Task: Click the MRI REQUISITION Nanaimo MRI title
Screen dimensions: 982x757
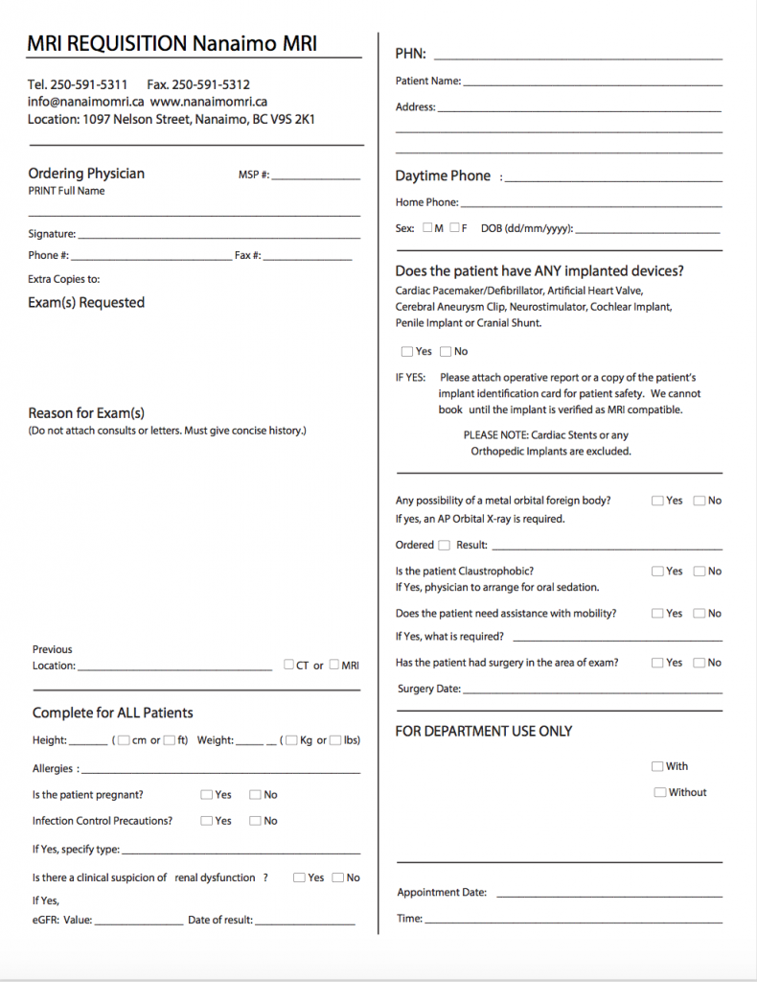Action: click(x=172, y=43)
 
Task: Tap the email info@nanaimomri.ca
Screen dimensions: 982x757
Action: click(x=85, y=101)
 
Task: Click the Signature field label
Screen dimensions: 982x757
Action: click(x=51, y=234)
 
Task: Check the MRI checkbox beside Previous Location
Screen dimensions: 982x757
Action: click(x=335, y=665)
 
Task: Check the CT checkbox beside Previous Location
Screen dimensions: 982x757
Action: click(x=289, y=665)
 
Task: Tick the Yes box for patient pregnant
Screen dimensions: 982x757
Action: click(x=207, y=794)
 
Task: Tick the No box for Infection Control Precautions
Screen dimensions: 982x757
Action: click(x=255, y=820)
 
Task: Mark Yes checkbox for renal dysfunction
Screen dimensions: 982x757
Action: click(x=300, y=877)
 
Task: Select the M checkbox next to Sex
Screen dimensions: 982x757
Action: click(x=427, y=228)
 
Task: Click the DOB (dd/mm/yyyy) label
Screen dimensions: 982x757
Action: click(x=526, y=228)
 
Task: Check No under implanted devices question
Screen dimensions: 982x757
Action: click(x=446, y=351)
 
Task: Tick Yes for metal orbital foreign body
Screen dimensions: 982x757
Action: click(x=657, y=501)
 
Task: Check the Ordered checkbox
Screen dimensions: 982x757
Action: click(x=444, y=545)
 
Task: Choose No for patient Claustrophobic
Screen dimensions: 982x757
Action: click(x=700, y=571)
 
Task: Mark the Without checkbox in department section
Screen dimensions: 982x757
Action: click(x=660, y=792)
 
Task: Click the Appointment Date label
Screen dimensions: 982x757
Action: click(x=442, y=893)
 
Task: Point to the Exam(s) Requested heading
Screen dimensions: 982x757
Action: click(x=86, y=302)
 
